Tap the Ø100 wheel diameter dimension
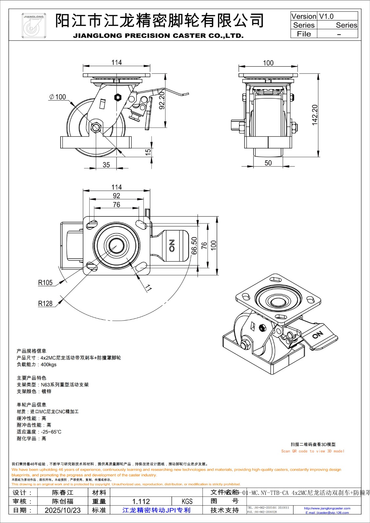point(58,97)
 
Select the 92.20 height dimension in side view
point(161,100)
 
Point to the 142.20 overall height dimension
point(315,115)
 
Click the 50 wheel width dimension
point(268,163)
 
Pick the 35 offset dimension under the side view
point(106,165)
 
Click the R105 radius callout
point(45,283)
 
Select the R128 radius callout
point(45,304)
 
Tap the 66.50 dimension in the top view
point(194,245)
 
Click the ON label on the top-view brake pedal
point(172,245)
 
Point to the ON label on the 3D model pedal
point(317,335)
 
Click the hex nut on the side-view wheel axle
point(96,127)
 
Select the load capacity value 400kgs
point(48,365)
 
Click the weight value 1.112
point(141,501)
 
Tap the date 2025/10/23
point(62,510)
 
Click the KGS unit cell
point(187,501)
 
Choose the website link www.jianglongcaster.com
point(327,508)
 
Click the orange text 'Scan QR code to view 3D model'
point(313,451)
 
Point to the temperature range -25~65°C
point(51,432)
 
